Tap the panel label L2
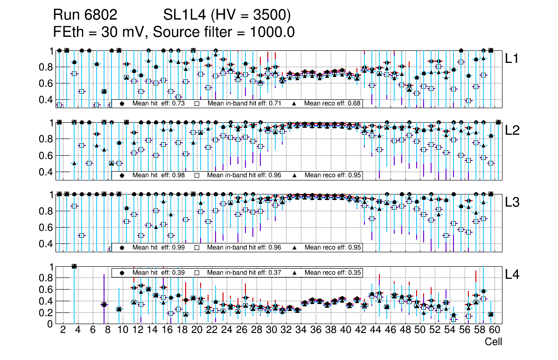tap(513, 131)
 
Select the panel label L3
tap(513, 202)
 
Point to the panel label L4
tap(513, 274)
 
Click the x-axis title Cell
tap(493, 342)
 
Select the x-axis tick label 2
tap(63, 331)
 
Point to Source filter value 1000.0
tap(273, 32)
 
